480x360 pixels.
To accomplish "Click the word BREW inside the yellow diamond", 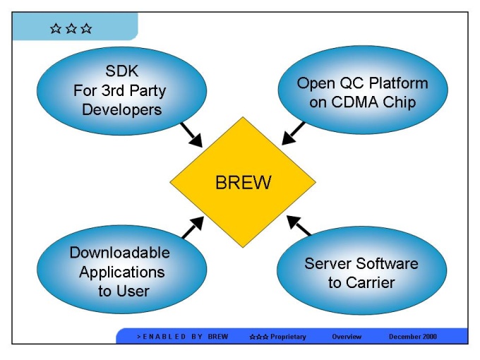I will click(x=243, y=183).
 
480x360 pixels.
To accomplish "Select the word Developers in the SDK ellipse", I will click(x=121, y=109).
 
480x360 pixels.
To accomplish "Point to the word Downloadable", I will click(x=120, y=252).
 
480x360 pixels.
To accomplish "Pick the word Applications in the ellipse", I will click(x=121, y=272).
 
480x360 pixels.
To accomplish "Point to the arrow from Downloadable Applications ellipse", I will click(x=193, y=227).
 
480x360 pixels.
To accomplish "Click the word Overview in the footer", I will click(x=347, y=337).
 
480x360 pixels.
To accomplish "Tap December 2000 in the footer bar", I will click(x=413, y=337).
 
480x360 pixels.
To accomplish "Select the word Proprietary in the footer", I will click(x=288, y=337).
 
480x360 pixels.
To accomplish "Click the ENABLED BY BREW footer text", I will click(x=182, y=337).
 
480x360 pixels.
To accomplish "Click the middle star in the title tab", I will click(x=71, y=29).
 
